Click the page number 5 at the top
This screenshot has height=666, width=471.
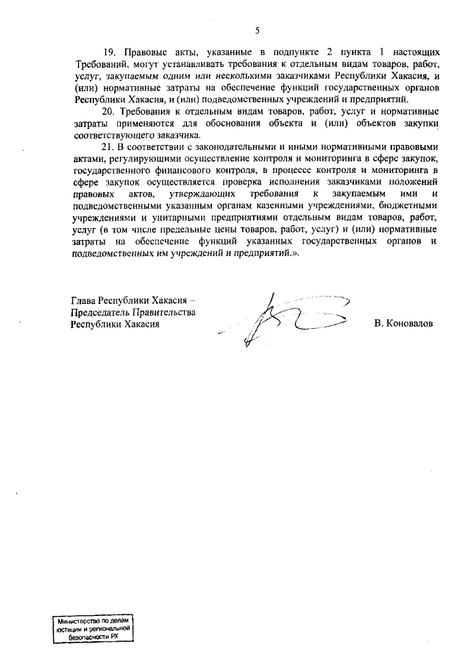(x=257, y=30)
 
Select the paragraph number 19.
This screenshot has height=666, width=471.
(x=110, y=53)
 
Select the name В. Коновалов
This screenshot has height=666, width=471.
(x=403, y=323)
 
